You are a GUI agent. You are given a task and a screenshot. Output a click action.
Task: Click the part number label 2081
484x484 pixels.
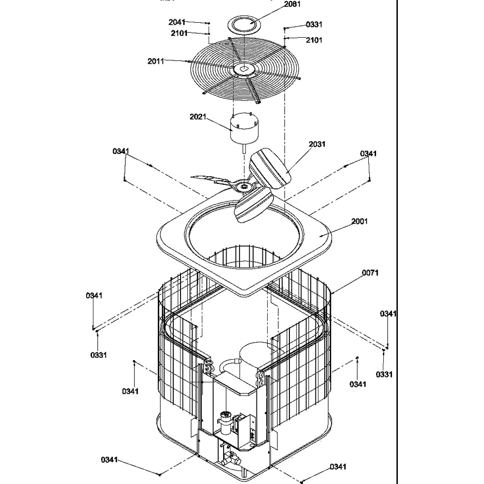pos(292,4)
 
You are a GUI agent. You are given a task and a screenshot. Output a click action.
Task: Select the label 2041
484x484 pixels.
pos(177,22)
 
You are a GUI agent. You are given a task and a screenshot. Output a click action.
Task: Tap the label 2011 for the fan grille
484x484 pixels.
pos(156,61)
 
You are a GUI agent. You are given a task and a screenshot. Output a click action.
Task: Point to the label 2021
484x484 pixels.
pos(198,117)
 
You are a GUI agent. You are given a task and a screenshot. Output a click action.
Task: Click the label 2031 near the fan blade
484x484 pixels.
pos(317,144)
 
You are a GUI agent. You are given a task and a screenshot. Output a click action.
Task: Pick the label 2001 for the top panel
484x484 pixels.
pos(360,221)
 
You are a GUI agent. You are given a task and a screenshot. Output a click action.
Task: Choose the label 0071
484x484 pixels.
pos(370,273)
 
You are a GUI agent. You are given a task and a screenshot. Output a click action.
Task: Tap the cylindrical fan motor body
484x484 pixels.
pos(244,128)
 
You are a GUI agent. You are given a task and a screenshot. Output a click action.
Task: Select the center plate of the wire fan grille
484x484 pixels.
pos(244,69)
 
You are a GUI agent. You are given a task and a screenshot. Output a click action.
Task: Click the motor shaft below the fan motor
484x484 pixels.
pos(244,149)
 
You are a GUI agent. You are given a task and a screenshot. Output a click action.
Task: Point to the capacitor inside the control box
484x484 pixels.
pos(225,421)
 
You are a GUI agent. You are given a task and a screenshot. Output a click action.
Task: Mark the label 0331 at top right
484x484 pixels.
pos(314,24)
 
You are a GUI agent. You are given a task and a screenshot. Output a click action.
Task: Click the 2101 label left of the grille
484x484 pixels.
pos(180,33)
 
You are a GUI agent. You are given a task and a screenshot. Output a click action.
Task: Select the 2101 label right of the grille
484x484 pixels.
pos(314,40)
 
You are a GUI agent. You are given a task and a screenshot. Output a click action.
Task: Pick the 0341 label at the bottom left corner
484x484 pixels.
pos(109,460)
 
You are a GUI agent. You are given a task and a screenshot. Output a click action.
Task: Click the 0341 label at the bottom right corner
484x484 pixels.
pos(338,467)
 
